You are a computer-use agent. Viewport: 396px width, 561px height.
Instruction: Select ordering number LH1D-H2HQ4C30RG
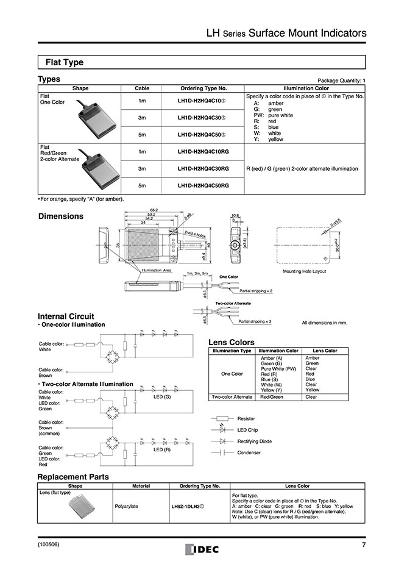[x=203, y=168]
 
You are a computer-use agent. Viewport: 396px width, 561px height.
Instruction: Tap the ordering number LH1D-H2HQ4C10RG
[x=203, y=151]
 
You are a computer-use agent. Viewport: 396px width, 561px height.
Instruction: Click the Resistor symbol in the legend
[x=222, y=418]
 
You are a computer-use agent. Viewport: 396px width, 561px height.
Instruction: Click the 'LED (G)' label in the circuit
[x=161, y=396]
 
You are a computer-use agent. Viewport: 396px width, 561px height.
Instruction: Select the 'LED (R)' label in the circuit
[x=161, y=449]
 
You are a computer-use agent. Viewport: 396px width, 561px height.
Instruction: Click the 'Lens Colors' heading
[x=232, y=342]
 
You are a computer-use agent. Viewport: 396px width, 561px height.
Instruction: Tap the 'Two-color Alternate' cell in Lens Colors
[x=231, y=397]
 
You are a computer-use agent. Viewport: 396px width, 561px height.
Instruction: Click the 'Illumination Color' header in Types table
[x=305, y=88]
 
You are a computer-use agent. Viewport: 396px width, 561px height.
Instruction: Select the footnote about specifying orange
[x=81, y=199]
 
